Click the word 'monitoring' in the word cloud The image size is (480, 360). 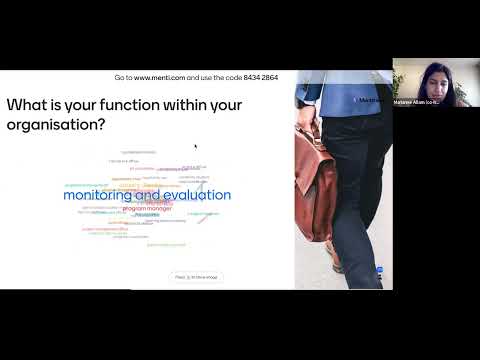[x=98, y=196]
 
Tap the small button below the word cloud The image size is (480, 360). [x=197, y=276]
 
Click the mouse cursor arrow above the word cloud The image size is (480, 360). [x=195, y=146]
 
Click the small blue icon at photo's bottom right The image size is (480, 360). [x=379, y=270]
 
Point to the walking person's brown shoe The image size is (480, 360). [x=338, y=262]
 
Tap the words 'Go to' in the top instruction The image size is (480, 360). [x=123, y=77]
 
